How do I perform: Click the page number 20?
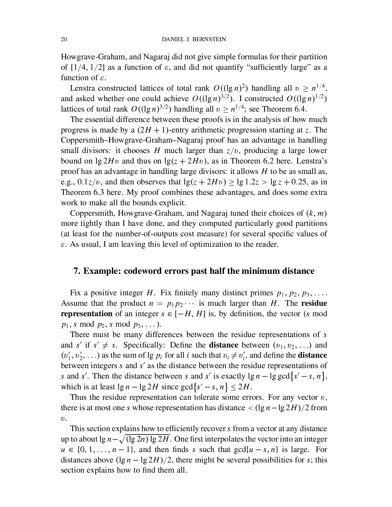tap(64, 39)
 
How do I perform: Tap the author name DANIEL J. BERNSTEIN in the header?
tap(194, 39)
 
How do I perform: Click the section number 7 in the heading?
tap(76, 271)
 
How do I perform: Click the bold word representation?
tap(86, 314)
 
